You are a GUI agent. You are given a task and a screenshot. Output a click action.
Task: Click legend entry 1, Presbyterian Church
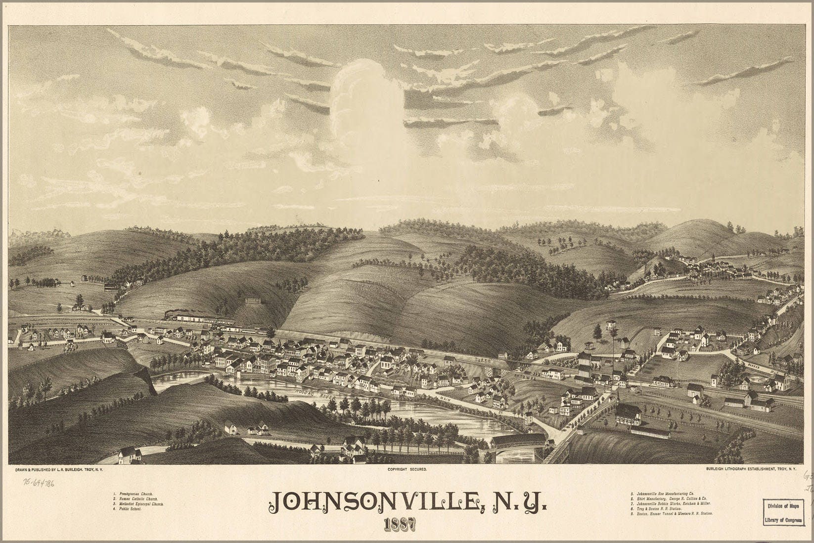pyautogui.click(x=134, y=494)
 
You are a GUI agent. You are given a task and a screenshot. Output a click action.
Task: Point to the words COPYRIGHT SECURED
pyautogui.click(x=407, y=468)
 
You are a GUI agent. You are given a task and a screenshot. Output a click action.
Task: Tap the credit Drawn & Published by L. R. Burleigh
pyautogui.click(x=59, y=468)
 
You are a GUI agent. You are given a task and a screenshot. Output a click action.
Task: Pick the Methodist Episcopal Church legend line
pyautogui.click(x=139, y=504)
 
